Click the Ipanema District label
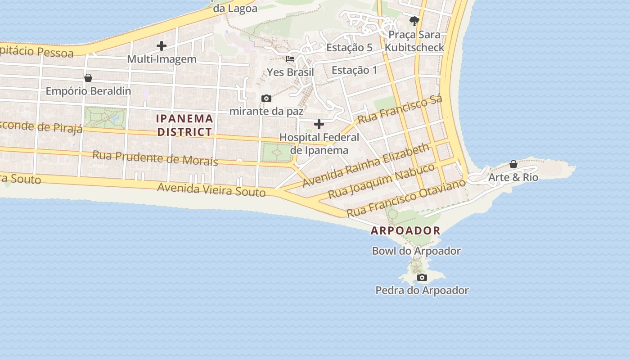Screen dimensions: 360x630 (x=184, y=125)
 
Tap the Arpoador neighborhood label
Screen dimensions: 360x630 (x=405, y=231)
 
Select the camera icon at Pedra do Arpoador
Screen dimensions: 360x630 (x=422, y=277)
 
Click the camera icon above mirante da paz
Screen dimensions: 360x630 (x=266, y=98)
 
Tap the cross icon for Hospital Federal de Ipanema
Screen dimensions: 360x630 (x=319, y=124)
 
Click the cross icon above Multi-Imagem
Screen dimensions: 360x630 (x=162, y=46)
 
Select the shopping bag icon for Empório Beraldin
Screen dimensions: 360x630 (x=88, y=78)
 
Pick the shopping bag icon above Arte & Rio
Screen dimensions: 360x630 (x=513, y=164)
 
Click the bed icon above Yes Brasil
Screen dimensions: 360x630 (x=290, y=59)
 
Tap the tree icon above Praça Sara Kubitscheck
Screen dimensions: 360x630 (x=414, y=21)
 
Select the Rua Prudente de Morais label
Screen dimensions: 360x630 (x=155, y=158)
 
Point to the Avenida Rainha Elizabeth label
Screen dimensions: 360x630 (x=366, y=165)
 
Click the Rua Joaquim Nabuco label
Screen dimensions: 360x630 (x=381, y=181)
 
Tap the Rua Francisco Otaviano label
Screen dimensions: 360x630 (x=405, y=198)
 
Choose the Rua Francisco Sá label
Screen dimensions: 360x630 (x=400, y=109)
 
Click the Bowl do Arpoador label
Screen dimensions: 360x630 (x=416, y=251)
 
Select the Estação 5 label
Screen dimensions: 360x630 (x=349, y=48)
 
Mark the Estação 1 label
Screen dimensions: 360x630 (x=355, y=70)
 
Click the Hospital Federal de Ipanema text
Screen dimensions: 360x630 (x=319, y=144)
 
